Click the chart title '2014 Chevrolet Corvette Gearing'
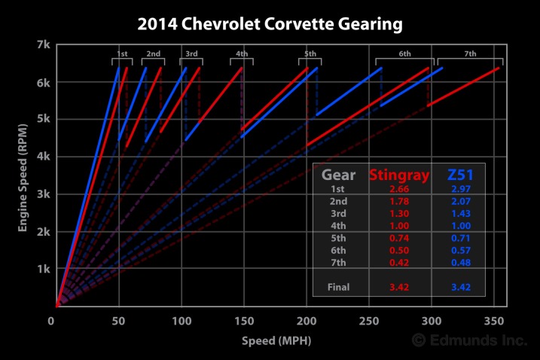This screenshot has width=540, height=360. tap(270, 24)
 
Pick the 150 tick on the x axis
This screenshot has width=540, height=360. tap(243, 320)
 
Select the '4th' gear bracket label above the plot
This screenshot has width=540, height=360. tap(242, 54)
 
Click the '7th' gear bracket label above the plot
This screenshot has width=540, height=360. tap(470, 54)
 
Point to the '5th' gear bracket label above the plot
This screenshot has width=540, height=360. tap(310, 54)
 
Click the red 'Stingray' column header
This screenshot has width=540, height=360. tap(399, 175)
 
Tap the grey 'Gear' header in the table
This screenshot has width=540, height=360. tap(339, 175)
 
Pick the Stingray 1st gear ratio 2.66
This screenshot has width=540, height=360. tap(399, 190)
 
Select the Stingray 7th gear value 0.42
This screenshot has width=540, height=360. tap(399, 262)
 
